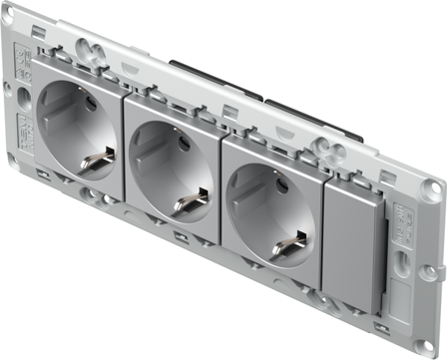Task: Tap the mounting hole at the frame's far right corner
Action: (x=433, y=189)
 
